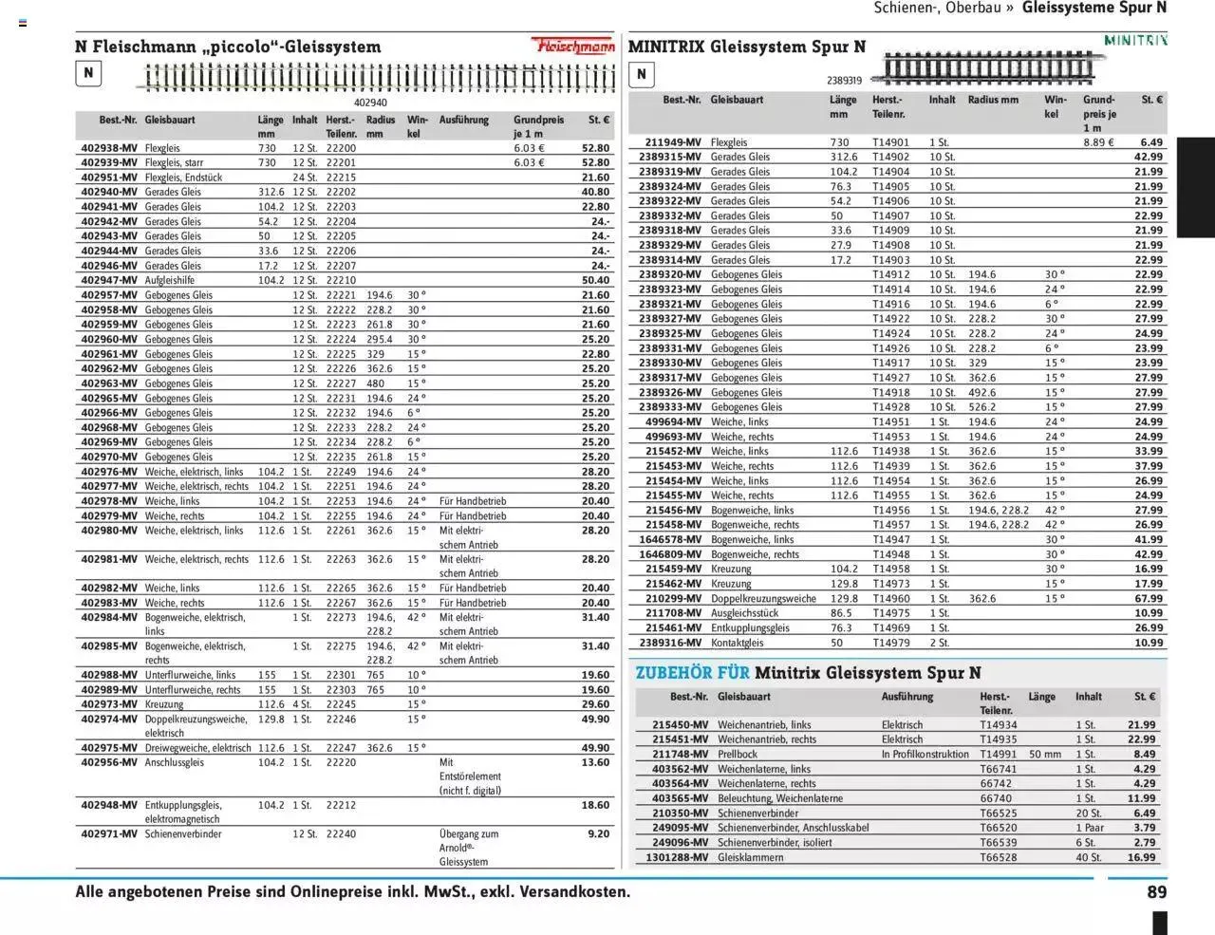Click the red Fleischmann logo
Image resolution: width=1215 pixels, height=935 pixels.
572,46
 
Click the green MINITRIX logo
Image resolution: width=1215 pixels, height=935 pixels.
1135,40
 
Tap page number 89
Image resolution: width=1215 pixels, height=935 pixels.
1156,892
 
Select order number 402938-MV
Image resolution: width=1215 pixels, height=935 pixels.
109,148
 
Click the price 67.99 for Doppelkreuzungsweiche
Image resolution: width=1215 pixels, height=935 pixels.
1149,599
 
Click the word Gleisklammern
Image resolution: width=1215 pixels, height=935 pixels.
751,857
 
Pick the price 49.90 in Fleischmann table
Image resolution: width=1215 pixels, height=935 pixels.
595,720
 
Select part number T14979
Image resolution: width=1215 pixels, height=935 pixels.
890,643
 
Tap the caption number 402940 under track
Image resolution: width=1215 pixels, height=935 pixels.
370,103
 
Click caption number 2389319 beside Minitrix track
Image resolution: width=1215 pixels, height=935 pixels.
844,82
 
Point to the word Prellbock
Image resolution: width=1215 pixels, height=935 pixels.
738,755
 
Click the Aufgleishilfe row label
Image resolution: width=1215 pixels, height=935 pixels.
170,281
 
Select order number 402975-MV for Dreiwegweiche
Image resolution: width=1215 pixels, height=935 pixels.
109,748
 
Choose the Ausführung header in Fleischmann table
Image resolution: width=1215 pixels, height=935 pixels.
464,121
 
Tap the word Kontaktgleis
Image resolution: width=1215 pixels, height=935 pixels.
737,643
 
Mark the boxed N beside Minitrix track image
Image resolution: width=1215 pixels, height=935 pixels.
642,74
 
